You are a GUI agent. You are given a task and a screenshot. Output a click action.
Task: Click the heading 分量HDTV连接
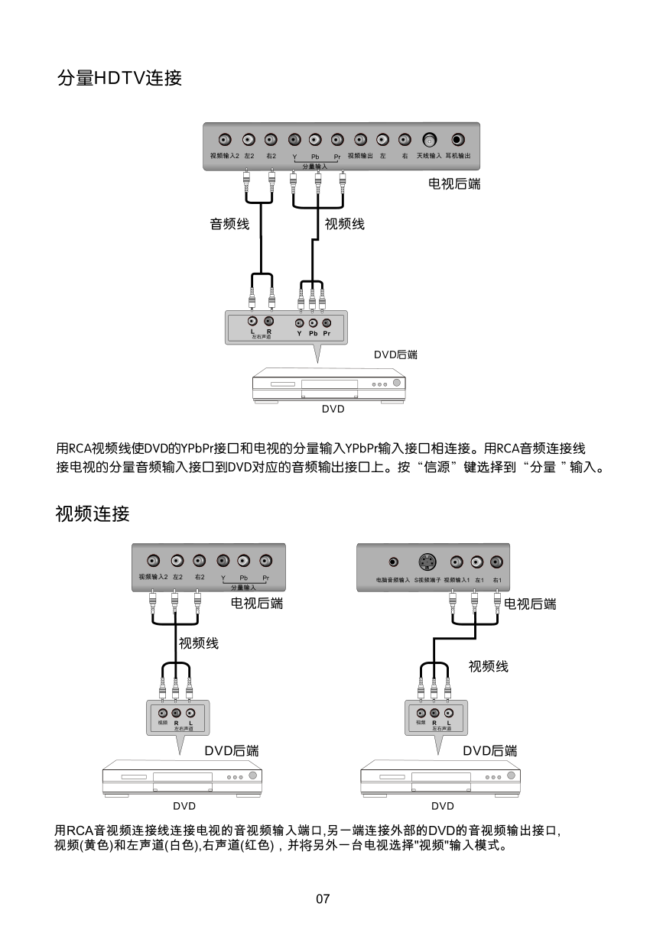[x=119, y=78]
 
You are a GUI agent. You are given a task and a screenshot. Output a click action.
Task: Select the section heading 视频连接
[x=93, y=513]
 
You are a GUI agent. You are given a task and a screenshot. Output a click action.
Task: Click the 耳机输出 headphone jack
[x=457, y=140]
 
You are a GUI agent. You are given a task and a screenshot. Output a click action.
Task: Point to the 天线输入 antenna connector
[x=430, y=141]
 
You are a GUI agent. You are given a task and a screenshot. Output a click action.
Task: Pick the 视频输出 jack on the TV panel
[x=361, y=140]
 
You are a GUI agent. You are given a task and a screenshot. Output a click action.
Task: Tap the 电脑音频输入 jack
[x=393, y=562]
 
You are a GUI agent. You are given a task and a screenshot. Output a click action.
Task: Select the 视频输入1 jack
[x=457, y=562]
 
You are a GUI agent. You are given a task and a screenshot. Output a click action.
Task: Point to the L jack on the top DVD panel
[x=252, y=322]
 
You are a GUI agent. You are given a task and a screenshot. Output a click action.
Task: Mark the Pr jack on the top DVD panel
[x=327, y=323]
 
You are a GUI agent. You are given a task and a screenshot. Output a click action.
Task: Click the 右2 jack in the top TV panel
[x=271, y=140]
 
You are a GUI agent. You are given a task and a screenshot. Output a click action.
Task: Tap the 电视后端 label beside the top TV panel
[x=454, y=183]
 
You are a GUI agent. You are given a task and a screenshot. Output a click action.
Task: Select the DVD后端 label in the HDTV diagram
[x=395, y=355]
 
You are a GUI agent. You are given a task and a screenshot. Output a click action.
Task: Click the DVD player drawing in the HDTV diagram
[x=329, y=384]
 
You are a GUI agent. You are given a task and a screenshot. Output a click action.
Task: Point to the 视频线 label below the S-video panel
[x=488, y=666]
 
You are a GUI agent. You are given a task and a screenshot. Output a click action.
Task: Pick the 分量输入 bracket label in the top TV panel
[x=314, y=166]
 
